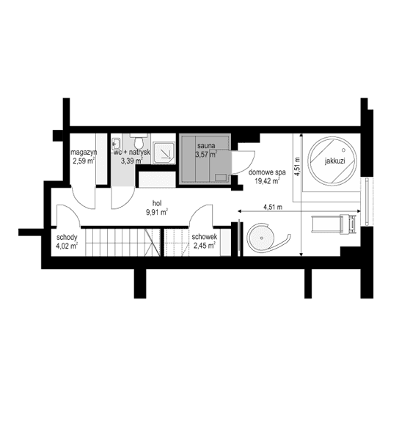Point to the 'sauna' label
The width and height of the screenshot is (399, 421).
(205, 146)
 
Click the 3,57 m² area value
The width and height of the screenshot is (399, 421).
(205, 155)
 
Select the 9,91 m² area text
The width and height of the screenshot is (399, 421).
(158, 214)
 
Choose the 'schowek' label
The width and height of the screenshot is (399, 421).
(203, 238)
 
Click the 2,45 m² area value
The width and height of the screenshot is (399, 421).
(203, 246)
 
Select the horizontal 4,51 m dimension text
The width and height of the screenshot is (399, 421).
(273, 208)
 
